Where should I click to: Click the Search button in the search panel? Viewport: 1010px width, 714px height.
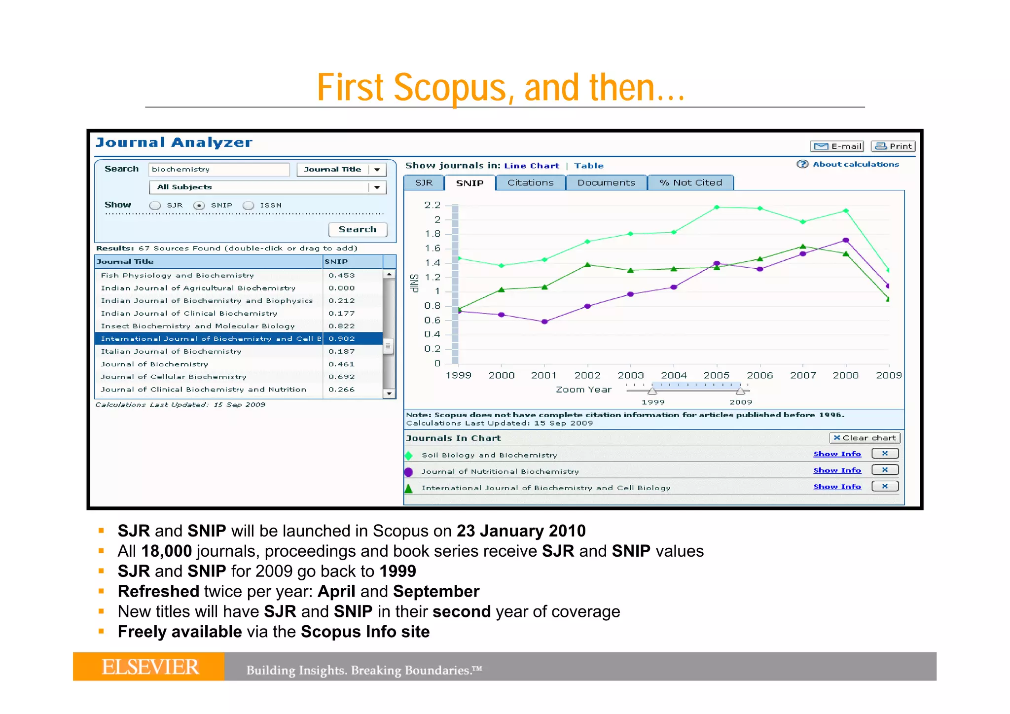(358, 229)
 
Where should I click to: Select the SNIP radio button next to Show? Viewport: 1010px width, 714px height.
(199, 206)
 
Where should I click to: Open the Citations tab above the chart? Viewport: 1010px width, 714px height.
(530, 183)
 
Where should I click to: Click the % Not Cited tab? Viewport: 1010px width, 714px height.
(690, 183)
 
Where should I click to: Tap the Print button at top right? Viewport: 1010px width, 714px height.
(893, 146)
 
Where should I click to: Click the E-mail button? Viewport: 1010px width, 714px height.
(837, 146)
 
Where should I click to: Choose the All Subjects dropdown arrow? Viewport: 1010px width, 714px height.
(377, 187)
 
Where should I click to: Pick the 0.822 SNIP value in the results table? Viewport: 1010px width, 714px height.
(342, 326)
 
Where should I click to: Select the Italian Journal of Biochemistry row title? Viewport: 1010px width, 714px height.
(171, 352)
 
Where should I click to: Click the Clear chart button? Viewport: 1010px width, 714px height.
(865, 438)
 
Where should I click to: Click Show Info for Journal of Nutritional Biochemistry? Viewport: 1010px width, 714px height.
(837, 470)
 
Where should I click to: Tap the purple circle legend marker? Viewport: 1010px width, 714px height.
(408, 472)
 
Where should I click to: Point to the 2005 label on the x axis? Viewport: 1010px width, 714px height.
(716, 375)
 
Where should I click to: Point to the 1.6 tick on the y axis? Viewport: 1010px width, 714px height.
(433, 249)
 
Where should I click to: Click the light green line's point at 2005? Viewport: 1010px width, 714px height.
(717, 207)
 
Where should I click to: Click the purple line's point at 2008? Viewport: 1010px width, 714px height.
(846, 241)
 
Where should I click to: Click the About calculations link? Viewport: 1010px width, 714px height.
(856, 164)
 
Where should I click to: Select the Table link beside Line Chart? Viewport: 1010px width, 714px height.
(588, 166)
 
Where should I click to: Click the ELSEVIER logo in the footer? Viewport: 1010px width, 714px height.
(149, 667)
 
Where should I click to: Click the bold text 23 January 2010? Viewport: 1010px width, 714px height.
(521, 531)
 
